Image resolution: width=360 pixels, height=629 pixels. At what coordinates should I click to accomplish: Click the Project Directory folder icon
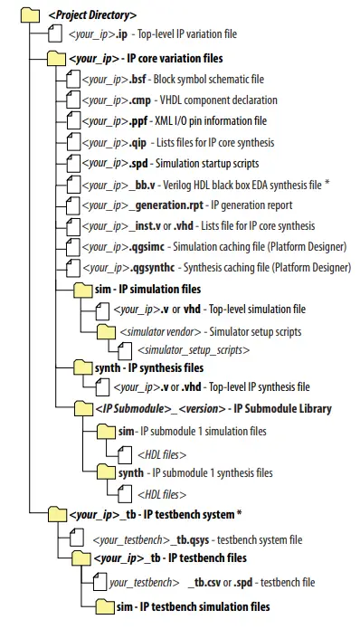click(x=33, y=14)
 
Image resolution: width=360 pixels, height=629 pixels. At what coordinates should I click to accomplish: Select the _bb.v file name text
click(x=134, y=184)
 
